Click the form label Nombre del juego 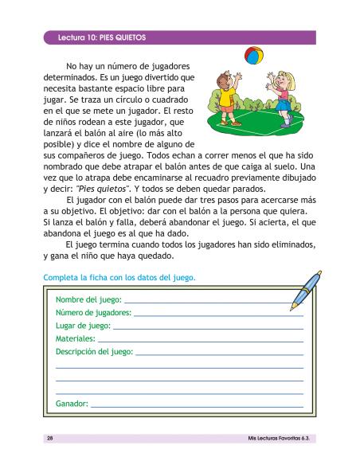pyautogui.click(x=88, y=300)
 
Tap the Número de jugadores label pyautogui.click(x=94, y=313)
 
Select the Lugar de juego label pyautogui.click(x=84, y=326)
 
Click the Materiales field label pyautogui.click(x=76, y=338)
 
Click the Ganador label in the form pyautogui.click(x=72, y=404)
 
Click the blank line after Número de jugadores pyautogui.click(x=219, y=315)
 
